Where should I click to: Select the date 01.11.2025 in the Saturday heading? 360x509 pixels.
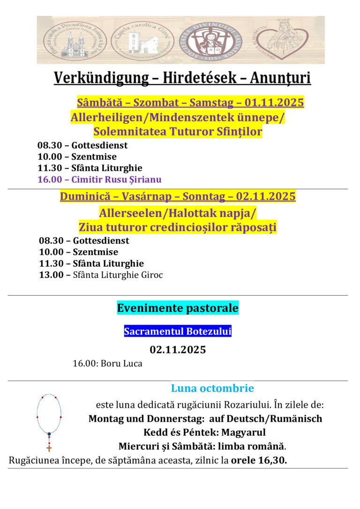[x=274, y=103]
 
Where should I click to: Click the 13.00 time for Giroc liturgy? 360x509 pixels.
[x=52, y=275]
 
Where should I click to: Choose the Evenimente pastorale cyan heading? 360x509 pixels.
[x=178, y=308]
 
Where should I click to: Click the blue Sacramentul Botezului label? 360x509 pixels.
[x=178, y=332]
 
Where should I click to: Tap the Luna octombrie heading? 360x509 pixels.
[x=212, y=388]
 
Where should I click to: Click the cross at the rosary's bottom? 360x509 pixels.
[x=49, y=447]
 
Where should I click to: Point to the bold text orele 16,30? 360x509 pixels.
[x=259, y=460]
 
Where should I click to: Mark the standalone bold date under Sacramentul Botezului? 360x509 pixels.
[x=178, y=350]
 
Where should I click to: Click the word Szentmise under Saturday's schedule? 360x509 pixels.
[x=94, y=157]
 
